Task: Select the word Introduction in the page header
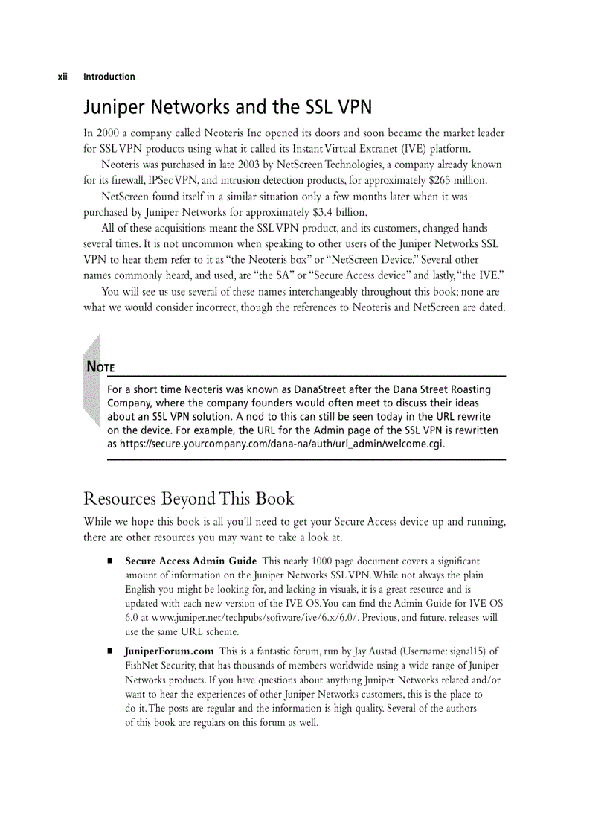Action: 109,77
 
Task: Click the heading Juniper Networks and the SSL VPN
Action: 227,108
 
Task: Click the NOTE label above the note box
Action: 100,367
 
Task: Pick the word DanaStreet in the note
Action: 325,390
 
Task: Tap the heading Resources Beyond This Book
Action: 189,499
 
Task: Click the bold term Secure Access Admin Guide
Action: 190,561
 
